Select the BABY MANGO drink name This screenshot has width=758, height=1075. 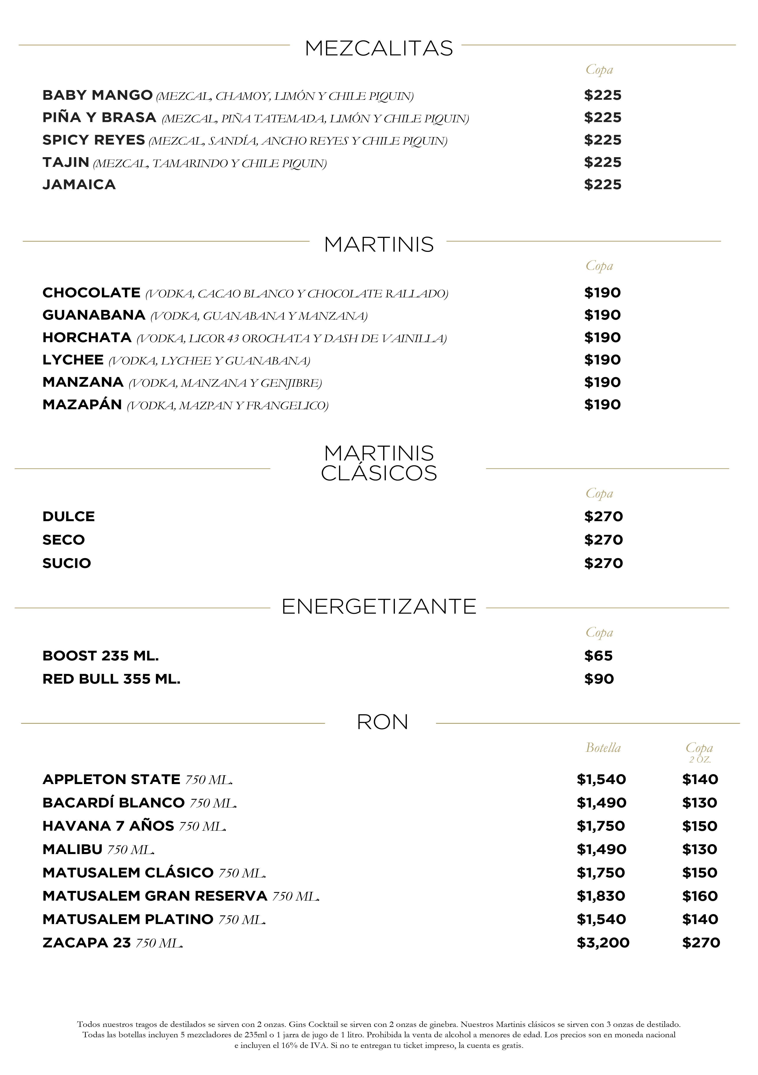click(x=97, y=95)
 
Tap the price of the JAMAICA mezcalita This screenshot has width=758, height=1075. click(x=603, y=185)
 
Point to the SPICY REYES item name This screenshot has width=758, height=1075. click(x=94, y=140)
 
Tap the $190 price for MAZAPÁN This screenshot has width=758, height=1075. click(x=602, y=405)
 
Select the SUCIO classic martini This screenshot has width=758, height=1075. click(x=66, y=563)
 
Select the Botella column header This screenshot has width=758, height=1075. click(x=603, y=748)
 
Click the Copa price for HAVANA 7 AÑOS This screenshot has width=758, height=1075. click(x=700, y=826)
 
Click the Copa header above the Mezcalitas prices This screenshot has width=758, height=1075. click(x=599, y=70)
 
